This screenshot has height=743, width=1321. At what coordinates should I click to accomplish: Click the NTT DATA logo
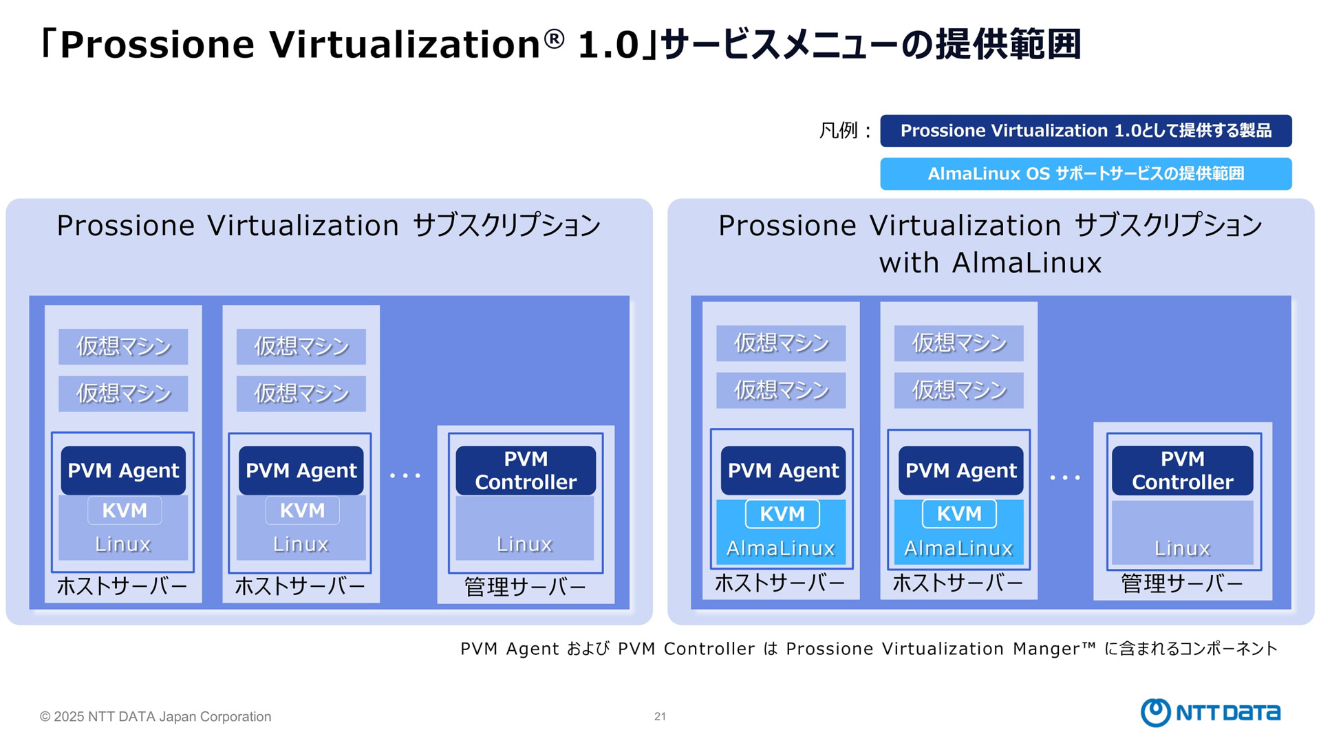(x=1210, y=713)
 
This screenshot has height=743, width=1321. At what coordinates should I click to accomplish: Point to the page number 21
(x=660, y=717)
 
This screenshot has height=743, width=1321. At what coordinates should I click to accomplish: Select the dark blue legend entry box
(x=1086, y=131)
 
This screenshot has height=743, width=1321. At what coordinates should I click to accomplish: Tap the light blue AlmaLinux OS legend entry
(x=1086, y=173)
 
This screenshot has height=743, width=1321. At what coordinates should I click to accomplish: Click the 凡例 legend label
(x=838, y=130)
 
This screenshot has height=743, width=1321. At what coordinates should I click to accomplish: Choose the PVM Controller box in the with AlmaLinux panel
(x=1183, y=471)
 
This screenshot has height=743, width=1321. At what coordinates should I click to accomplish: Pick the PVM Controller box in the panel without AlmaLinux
(x=526, y=471)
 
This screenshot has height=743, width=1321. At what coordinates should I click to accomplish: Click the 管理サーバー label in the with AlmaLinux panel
(x=1182, y=583)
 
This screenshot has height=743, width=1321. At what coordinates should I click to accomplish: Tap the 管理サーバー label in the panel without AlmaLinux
(x=525, y=587)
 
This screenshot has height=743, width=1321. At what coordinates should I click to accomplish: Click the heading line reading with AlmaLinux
(x=990, y=263)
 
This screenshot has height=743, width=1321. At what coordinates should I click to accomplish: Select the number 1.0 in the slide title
(x=609, y=45)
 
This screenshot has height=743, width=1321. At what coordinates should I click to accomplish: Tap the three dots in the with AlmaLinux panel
(x=1065, y=477)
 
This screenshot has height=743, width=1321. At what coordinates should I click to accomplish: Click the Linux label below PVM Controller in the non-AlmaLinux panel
(x=524, y=544)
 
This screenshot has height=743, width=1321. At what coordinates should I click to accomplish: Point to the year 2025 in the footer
(x=69, y=717)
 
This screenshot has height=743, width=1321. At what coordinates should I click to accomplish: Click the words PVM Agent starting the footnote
(x=510, y=649)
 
